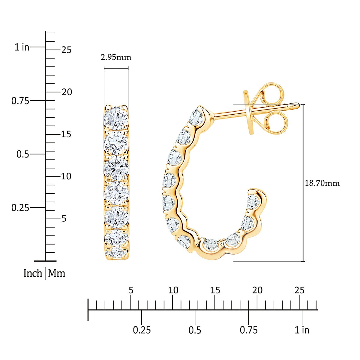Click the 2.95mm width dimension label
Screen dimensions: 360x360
(116, 57)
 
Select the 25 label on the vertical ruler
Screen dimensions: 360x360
(66, 50)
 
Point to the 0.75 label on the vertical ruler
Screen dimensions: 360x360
(20, 101)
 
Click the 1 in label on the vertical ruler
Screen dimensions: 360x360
(22, 47)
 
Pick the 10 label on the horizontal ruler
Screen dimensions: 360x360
(173, 290)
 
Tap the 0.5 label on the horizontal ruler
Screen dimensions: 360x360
(195, 330)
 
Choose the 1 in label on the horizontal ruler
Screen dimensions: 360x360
(302, 330)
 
